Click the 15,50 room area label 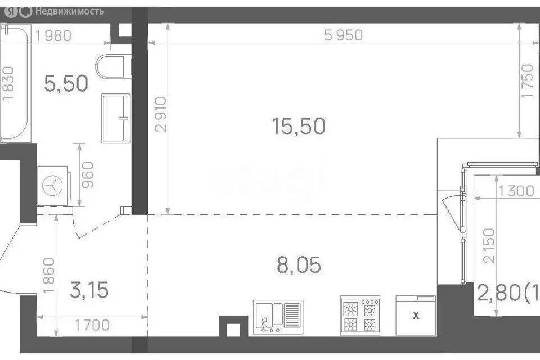[x=299, y=126]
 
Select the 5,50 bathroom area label [x=66, y=84]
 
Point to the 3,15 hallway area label [x=89, y=291]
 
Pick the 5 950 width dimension [x=344, y=35]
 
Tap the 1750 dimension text [x=527, y=82]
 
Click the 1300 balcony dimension [x=515, y=191]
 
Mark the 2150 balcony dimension [x=489, y=246]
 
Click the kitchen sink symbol [x=278, y=314]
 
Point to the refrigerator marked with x [x=416, y=315]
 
